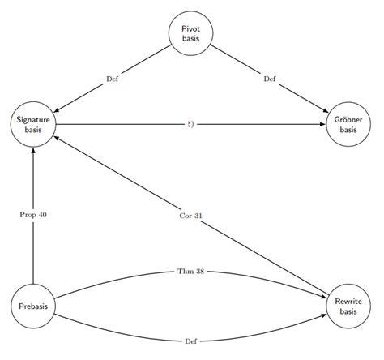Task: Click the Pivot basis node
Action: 191,33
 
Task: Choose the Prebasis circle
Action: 33,306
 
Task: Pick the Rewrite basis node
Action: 348,306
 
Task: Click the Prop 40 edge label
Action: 33,215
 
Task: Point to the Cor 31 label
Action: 191,216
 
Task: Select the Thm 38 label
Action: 191,271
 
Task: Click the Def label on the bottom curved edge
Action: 191,342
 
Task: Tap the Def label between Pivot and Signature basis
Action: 113,79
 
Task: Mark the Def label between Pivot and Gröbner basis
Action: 270,79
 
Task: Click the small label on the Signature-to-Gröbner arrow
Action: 191,124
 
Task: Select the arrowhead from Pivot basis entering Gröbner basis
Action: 325,110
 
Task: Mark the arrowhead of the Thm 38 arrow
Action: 323,297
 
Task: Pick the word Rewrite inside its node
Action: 348,302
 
